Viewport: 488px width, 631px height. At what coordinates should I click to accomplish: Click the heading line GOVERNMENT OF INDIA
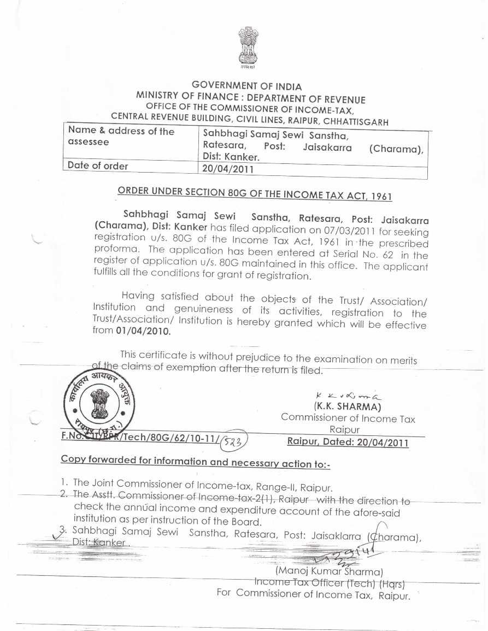tap(246, 86)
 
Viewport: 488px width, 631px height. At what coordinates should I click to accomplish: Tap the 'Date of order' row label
tap(98, 166)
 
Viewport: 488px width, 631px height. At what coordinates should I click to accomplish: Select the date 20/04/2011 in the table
tap(228, 169)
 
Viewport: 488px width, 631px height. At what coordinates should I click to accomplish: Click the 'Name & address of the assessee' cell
tap(121, 136)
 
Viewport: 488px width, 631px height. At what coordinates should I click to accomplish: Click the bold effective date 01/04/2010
tap(144, 331)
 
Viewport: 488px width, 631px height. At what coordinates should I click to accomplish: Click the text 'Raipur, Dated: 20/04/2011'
tap(348, 442)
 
